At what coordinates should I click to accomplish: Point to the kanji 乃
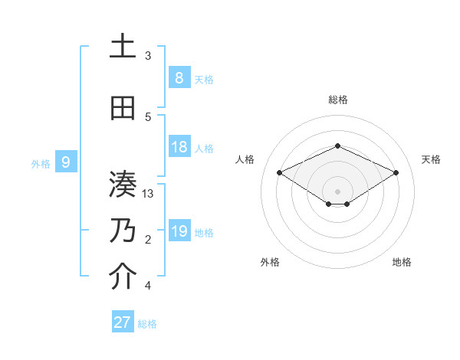123,231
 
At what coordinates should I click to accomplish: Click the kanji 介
123,277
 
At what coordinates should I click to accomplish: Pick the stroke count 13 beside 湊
148,194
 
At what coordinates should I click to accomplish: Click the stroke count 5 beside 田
148,117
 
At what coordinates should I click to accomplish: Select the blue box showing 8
179,78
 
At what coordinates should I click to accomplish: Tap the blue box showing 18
179,147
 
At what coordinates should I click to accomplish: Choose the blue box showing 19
179,231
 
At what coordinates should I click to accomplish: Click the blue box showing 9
66,162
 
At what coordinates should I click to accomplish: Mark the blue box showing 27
123,322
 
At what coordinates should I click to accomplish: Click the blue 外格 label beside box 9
40,162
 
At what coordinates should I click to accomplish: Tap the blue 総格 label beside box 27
147,324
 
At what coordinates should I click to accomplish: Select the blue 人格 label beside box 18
204,149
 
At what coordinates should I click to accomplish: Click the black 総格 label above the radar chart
338,100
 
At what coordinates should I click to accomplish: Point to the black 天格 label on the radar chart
431,159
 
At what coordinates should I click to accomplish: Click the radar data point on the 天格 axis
396,173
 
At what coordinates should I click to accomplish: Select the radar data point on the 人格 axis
280,173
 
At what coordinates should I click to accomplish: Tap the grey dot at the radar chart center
337,191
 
